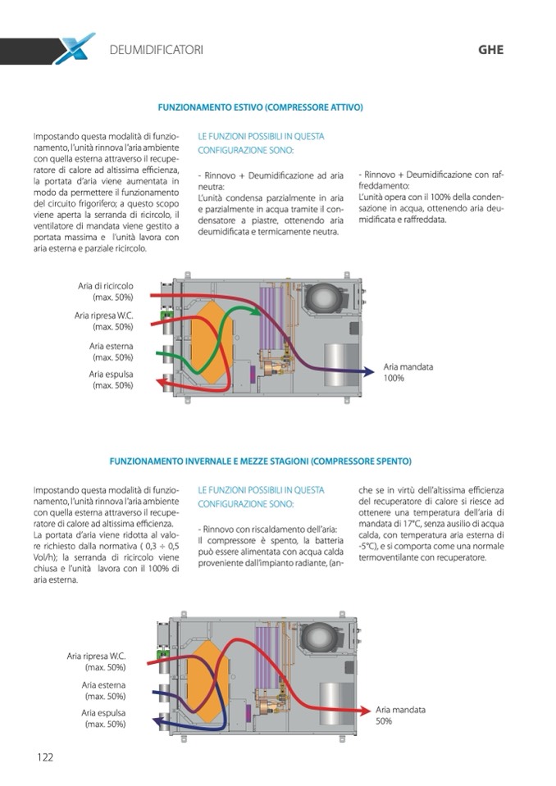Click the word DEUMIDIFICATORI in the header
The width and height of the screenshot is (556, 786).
tap(156, 50)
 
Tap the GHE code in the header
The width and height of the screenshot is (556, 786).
tap(490, 50)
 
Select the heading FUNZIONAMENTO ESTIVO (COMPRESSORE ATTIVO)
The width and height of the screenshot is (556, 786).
tap(260, 107)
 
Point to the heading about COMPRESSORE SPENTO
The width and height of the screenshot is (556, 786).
tap(260, 461)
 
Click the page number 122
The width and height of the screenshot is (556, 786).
tap(44, 756)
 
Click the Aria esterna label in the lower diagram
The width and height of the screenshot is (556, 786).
tap(103, 690)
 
